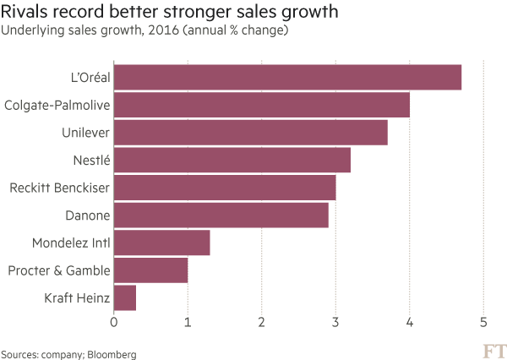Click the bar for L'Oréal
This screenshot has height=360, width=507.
pos(287,78)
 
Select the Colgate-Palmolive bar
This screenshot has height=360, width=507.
pos(262,105)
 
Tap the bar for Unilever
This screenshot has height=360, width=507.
pos(250,133)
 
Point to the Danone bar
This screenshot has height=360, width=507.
pos(221,215)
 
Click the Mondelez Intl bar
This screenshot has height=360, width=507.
pos(161,243)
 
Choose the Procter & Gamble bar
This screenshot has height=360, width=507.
pos(150,270)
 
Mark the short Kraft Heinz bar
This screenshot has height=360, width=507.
pos(124,297)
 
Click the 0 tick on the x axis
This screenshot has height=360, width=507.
pos(113,322)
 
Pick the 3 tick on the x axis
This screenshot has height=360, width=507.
pos(335,322)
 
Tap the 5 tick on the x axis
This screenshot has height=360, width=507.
pos(483,322)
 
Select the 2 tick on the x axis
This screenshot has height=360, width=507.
pos(262,322)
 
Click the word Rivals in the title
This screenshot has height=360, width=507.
pos(23,12)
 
